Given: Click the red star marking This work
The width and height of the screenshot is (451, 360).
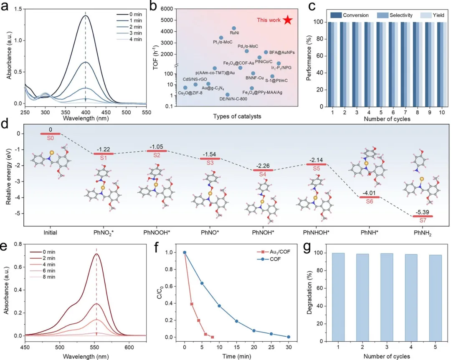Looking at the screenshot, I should (287, 20).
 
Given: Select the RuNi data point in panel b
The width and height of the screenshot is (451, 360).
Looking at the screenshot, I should (234, 28).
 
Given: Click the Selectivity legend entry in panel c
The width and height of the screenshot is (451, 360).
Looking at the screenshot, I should (395, 15).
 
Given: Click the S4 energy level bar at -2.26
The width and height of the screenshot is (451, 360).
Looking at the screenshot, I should (263, 170).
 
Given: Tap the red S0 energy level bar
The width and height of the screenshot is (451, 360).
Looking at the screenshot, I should (51, 134).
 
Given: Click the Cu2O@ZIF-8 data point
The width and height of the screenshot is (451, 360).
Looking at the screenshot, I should (185, 88).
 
